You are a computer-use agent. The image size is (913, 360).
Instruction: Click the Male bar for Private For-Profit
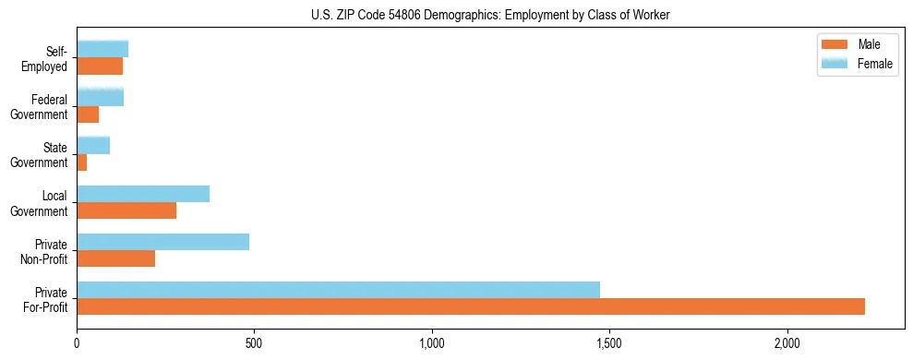click(x=471, y=306)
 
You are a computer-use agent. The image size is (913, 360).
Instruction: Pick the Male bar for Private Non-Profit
click(x=115, y=258)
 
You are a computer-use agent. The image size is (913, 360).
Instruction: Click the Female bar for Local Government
click(x=143, y=194)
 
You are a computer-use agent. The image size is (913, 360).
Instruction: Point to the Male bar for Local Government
click(x=126, y=210)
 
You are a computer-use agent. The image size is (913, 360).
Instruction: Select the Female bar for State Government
click(x=93, y=145)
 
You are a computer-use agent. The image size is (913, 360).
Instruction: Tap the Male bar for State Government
click(x=82, y=162)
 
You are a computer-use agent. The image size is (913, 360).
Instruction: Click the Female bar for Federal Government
click(x=100, y=97)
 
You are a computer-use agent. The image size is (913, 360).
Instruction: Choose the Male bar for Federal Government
click(x=88, y=114)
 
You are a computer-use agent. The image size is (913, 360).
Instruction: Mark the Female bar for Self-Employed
click(x=102, y=49)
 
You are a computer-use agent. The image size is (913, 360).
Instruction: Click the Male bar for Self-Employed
click(x=100, y=66)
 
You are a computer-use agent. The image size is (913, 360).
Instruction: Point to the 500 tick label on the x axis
click(x=254, y=343)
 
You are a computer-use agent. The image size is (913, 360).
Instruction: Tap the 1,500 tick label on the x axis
click(x=609, y=343)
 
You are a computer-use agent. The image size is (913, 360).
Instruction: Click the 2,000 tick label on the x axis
click(x=787, y=343)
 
